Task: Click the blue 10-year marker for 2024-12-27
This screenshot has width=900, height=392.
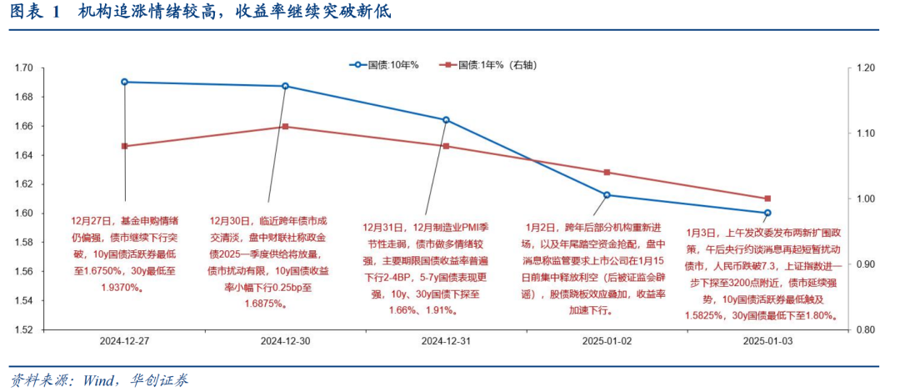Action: [124, 82]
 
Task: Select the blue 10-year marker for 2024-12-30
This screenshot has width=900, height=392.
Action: [285, 86]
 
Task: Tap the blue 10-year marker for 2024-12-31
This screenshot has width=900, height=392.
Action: [446, 120]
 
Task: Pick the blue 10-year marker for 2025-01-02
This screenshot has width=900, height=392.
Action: [607, 195]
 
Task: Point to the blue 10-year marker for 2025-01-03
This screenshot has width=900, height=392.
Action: [767, 213]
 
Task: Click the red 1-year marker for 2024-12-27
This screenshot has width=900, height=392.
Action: [124, 146]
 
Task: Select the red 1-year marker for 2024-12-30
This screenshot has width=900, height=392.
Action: [285, 127]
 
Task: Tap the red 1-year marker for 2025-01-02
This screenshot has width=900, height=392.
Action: [607, 172]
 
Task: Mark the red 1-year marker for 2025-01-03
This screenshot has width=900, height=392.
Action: [767, 199]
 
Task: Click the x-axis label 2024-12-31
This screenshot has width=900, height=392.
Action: [446, 341]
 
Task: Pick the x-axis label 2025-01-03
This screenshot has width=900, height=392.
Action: [767, 341]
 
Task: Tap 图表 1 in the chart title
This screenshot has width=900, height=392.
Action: [35, 13]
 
